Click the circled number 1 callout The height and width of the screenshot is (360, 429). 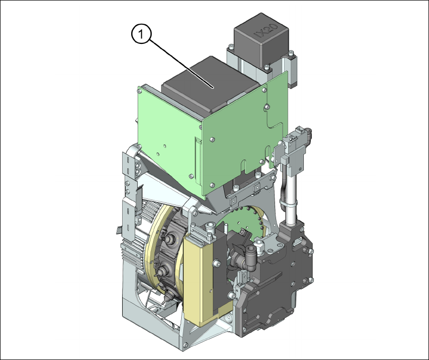[141, 34]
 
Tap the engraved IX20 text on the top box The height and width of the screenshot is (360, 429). [266, 31]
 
